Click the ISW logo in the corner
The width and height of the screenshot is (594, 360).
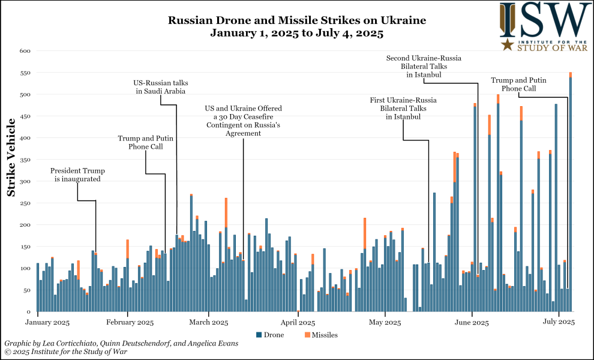pos(545,26)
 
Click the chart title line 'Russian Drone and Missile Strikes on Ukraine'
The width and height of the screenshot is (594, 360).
pos(296,20)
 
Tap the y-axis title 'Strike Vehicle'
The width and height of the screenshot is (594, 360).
pos(11,158)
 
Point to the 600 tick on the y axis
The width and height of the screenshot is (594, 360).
pos(25,51)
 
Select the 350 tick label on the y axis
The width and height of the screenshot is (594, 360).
pos(25,160)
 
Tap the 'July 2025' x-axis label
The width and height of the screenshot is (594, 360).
pos(559,323)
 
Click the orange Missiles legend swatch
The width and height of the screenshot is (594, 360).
pos(308,334)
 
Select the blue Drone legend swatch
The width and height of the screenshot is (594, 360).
pos(259,334)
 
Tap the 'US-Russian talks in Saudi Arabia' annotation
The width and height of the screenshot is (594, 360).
pos(159,86)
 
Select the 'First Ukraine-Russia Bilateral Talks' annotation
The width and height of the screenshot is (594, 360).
pos(403,108)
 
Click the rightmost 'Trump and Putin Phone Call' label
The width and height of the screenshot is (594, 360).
pos(518,84)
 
